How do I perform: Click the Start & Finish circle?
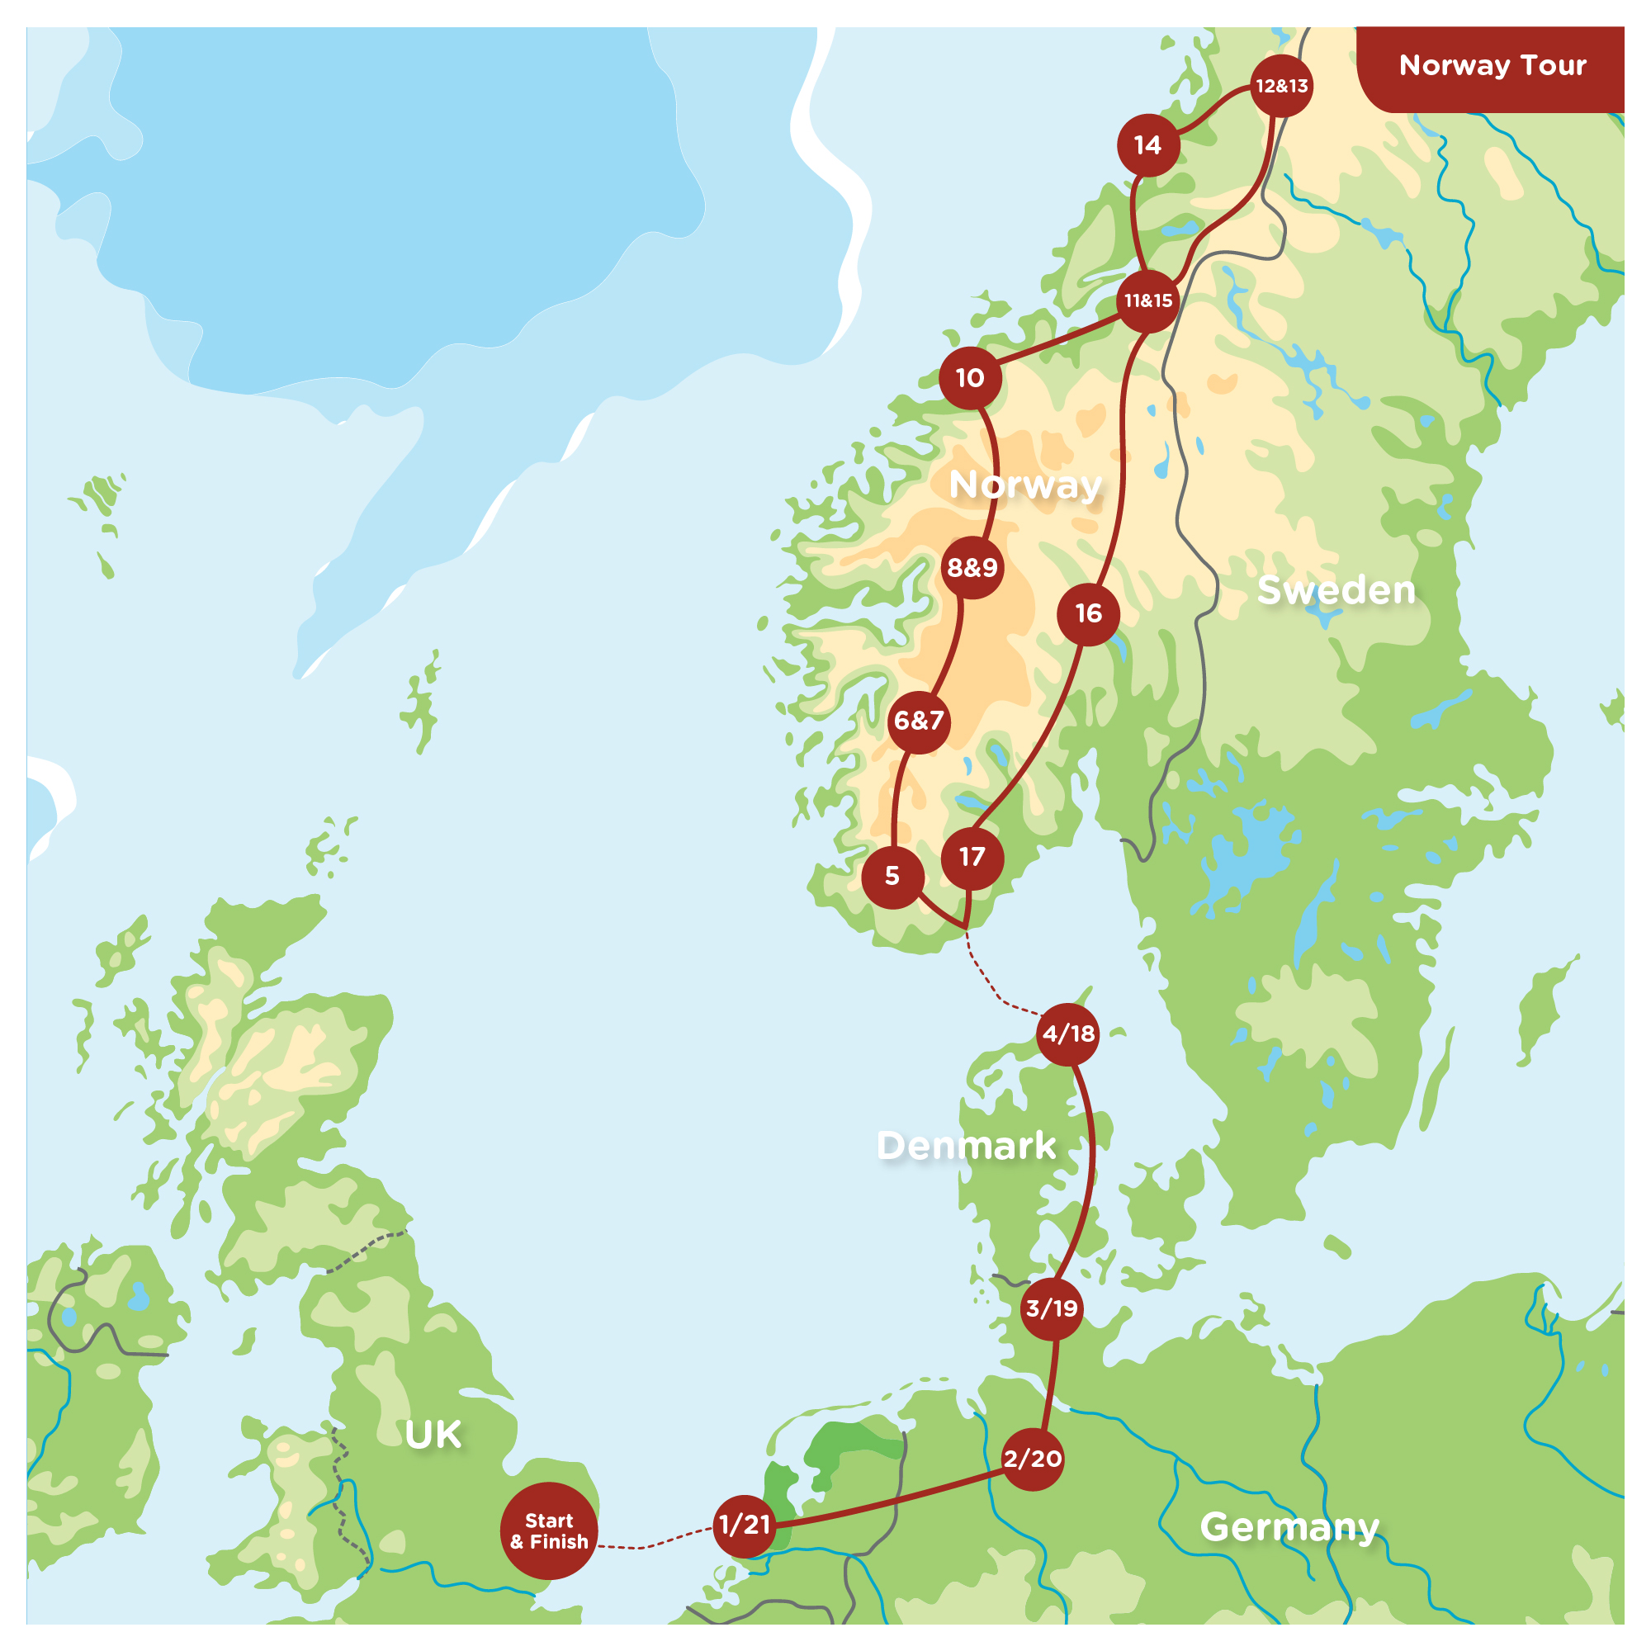pyautogui.click(x=549, y=1530)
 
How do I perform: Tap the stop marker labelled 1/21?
pyautogui.click(x=745, y=1526)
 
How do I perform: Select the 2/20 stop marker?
pyautogui.click(x=1033, y=1459)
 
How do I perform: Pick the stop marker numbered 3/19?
pyautogui.click(x=1052, y=1308)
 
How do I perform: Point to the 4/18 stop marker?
pyautogui.click(x=1068, y=1034)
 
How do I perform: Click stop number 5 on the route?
pyautogui.click(x=892, y=877)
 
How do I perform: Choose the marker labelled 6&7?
pyautogui.click(x=919, y=721)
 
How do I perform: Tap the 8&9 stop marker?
pyautogui.click(x=972, y=567)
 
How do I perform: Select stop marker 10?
pyautogui.click(x=970, y=378)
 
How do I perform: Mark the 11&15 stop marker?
pyautogui.click(x=1147, y=300)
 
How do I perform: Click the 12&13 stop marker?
pyautogui.click(x=1281, y=87)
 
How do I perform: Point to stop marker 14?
pyautogui.click(x=1147, y=145)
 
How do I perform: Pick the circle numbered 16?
pyautogui.click(x=1088, y=613)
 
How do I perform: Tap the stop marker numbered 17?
pyautogui.click(x=972, y=857)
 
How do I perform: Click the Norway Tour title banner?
pyautogui.click(x=1491, y=67)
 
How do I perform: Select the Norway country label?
pyautogui.click(x=1025, y=485)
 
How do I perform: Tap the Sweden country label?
pyautogui.click(x=1336, y=590)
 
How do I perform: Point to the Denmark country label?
pyautogui.click(x=967, y=1146)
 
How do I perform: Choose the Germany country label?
pyautogui.click(x=1289, y=1526)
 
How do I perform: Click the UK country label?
pyautogui.click(x=433, y=1435)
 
